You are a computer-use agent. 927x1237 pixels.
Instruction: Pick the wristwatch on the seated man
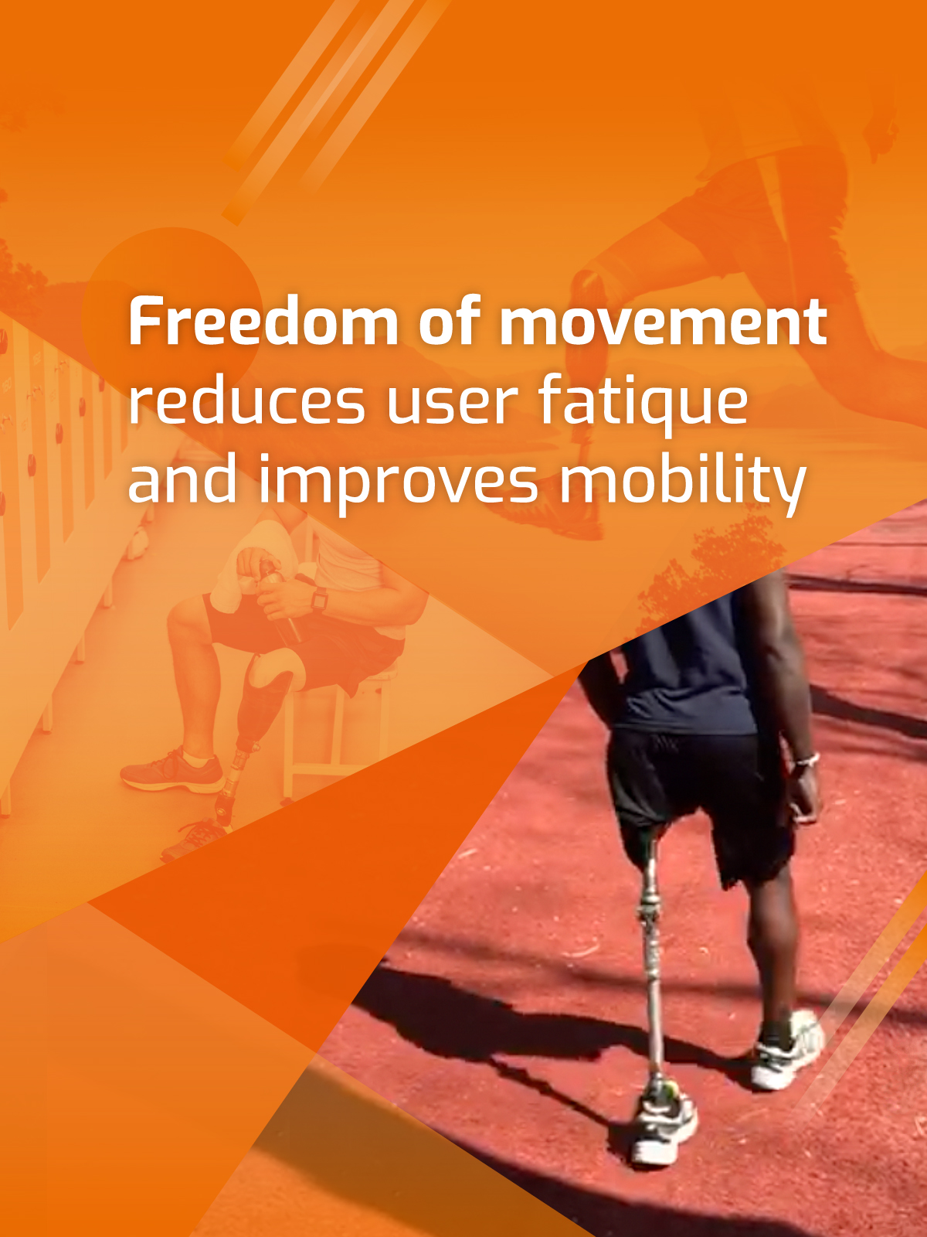tap(318, 599)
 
